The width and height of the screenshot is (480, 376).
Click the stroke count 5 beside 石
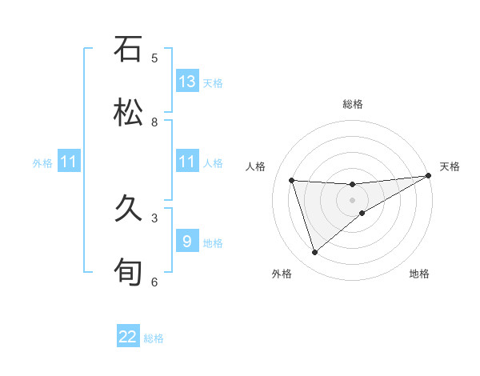(154, 58)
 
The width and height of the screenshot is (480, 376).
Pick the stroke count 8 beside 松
(154, 122)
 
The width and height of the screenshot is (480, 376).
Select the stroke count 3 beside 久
(154, 218)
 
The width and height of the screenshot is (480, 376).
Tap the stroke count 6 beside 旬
(154, 282)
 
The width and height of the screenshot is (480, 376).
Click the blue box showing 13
(187, 82)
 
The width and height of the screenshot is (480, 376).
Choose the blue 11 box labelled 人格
(187, 162)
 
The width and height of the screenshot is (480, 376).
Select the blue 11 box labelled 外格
(69, 162)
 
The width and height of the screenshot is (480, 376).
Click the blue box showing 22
(128, 337)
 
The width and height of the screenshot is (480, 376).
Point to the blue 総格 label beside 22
(154, 338)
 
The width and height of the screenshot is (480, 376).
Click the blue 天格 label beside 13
(212, 83)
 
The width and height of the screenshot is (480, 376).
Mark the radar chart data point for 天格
(428, 176)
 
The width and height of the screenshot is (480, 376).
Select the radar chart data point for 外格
(314, 253)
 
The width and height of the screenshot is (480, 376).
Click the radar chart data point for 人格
(292, 180)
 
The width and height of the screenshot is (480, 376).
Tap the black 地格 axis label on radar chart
(419, 274)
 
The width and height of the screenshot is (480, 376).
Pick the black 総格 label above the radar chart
(352, 104)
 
